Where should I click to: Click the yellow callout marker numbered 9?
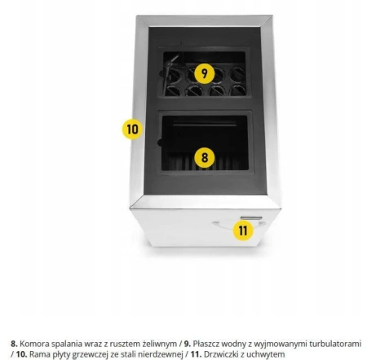[205, 73]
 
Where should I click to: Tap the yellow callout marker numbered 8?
[205, 157]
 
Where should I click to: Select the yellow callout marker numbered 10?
[132, 130]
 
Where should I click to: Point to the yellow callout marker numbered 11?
[243, 230]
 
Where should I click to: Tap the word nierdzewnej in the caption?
[160, 354]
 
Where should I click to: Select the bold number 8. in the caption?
[14, 344]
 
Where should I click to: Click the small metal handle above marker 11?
[251, 217]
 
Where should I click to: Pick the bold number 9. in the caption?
[188, 344]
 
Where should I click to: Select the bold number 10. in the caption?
[22, 354]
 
